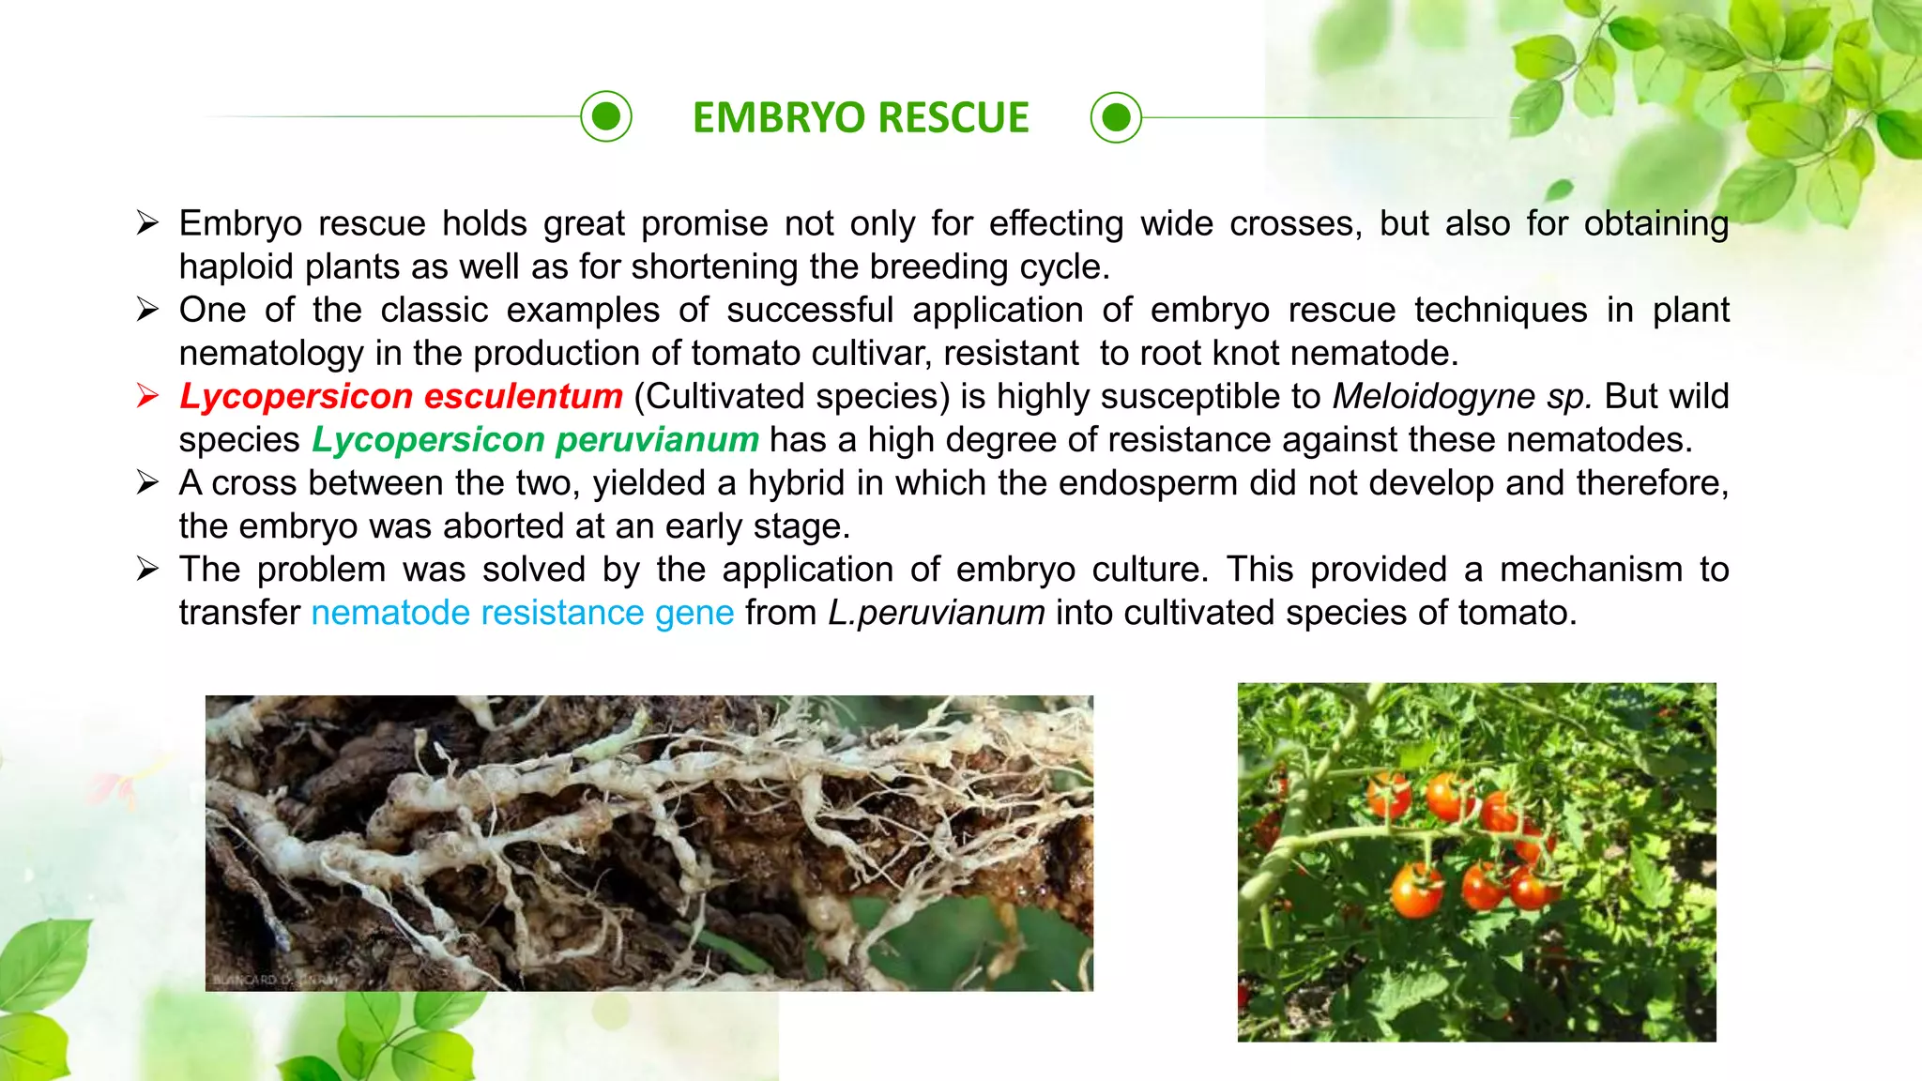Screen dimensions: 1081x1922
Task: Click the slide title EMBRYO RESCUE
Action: tap(861, 118)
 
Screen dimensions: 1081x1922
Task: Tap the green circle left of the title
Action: tap(606, 116)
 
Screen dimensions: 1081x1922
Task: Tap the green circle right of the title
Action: tap(1116, 117)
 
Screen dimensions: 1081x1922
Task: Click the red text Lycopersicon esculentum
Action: tap(401, 396)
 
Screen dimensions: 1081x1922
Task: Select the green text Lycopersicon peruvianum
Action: tap(535, 439)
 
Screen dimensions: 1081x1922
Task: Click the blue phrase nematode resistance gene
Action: tap(522, 613)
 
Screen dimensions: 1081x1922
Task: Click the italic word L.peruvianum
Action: tap(936, 613)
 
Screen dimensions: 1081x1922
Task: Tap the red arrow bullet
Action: tap(147, 395)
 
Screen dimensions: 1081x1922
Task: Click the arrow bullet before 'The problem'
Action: tap(147, 569)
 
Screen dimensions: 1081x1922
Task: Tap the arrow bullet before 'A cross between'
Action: tap(147, 482)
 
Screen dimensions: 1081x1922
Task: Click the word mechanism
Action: tap(1591, 570)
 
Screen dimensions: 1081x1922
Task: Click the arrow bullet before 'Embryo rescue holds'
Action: tap(147, 222)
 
